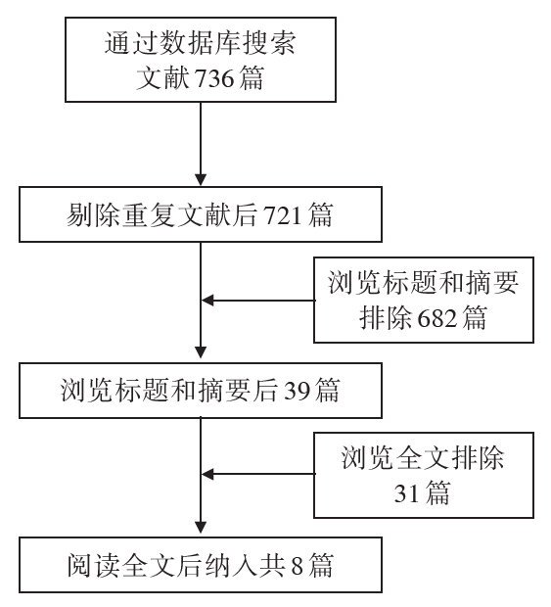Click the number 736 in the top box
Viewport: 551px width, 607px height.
[x=214, y=78]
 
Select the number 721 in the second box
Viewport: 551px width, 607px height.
[x=283, y=215]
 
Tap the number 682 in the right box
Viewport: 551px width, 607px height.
[x=437, y=318]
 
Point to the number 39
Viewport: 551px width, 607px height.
[x=298, y=391]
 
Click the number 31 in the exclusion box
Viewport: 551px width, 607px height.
[x=407, y=493]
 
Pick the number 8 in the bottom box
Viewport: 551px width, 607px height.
[x=297, y=566]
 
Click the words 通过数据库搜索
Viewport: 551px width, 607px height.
[x=201, y=42]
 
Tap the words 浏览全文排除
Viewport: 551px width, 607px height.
[x=423, y=457]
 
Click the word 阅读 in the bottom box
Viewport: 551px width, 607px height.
[x=94, y=566]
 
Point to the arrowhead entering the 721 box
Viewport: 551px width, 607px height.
[x=201, y=180]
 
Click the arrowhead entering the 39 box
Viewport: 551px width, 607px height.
[x=201, y=351]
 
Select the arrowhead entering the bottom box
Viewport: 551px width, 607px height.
[x=201, y=528]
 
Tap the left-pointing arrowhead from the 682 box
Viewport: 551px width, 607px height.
[x=207, y=300]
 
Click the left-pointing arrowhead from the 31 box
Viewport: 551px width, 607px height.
[x=207, y=474]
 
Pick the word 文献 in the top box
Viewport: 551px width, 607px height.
[x=162, y=78]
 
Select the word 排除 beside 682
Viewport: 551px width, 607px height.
[x=386, y=318]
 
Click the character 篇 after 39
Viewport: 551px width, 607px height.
[x=327, y=391]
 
